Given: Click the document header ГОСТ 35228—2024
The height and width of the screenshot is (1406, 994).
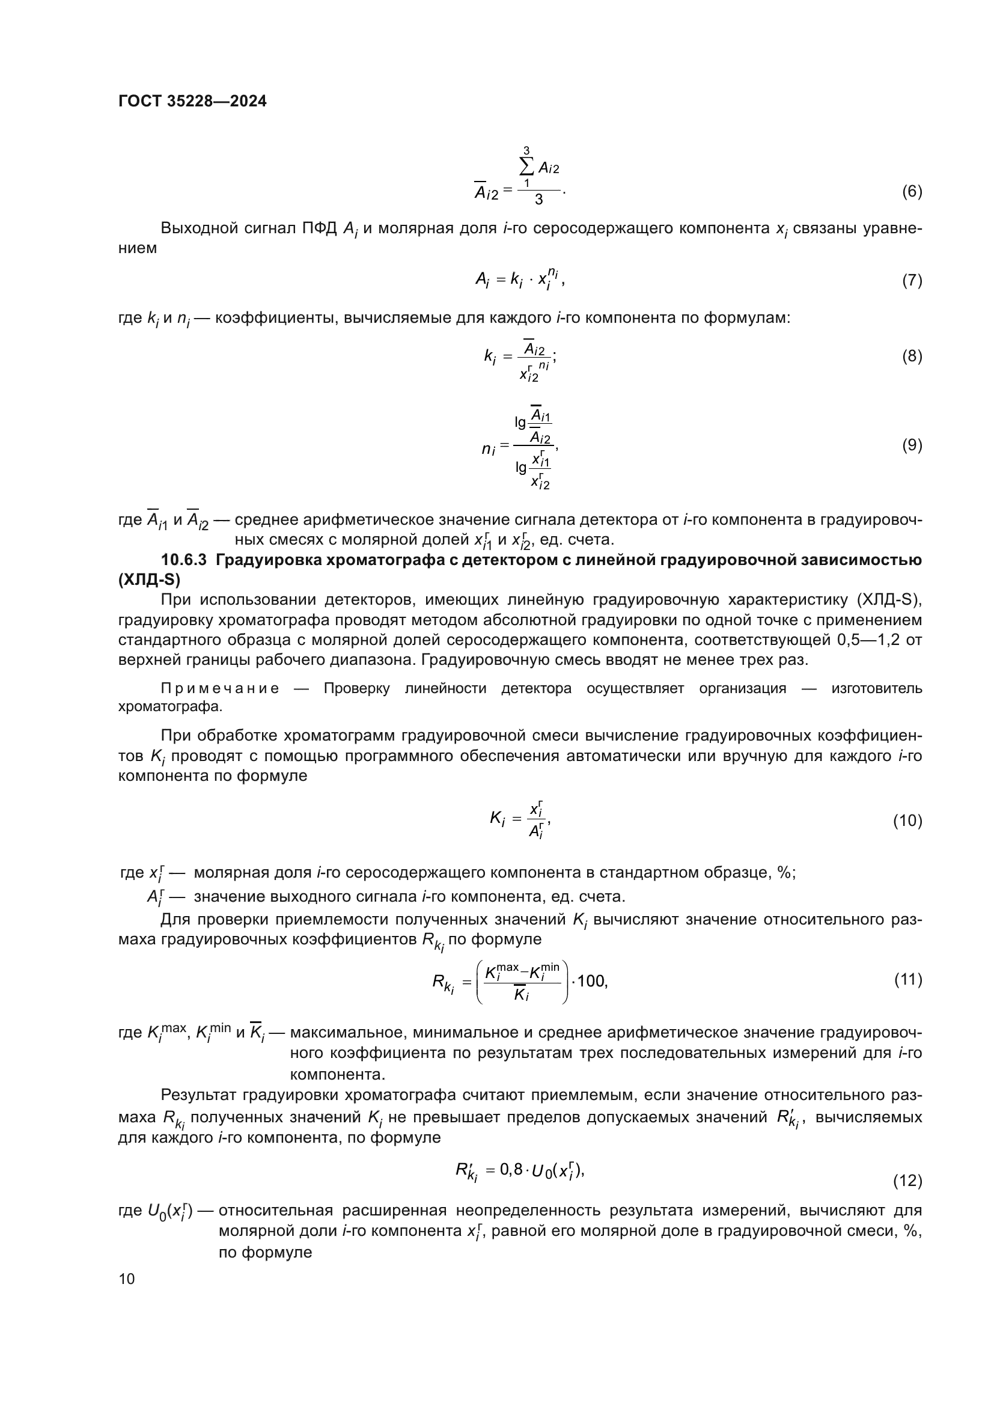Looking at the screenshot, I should [x=192, y=102].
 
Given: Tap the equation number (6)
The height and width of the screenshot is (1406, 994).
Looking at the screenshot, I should [x=912, y=192].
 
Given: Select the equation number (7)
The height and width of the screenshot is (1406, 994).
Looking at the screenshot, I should [x=912, y=281].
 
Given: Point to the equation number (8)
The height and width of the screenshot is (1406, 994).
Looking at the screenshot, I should [x=912, y=356].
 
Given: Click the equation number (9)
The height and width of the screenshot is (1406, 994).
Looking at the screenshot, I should [x=912, y=445].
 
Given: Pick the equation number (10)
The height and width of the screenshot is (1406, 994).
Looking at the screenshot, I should [x=907, y=821].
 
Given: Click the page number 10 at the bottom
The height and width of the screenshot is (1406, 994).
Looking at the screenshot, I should [x=127, y=1279].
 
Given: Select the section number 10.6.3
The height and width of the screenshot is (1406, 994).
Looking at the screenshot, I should [x=184, y=560].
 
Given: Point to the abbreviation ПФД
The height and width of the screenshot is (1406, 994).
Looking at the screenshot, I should [x=319, y=228].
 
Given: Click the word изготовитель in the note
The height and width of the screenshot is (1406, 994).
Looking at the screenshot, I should [x=876, y=689].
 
